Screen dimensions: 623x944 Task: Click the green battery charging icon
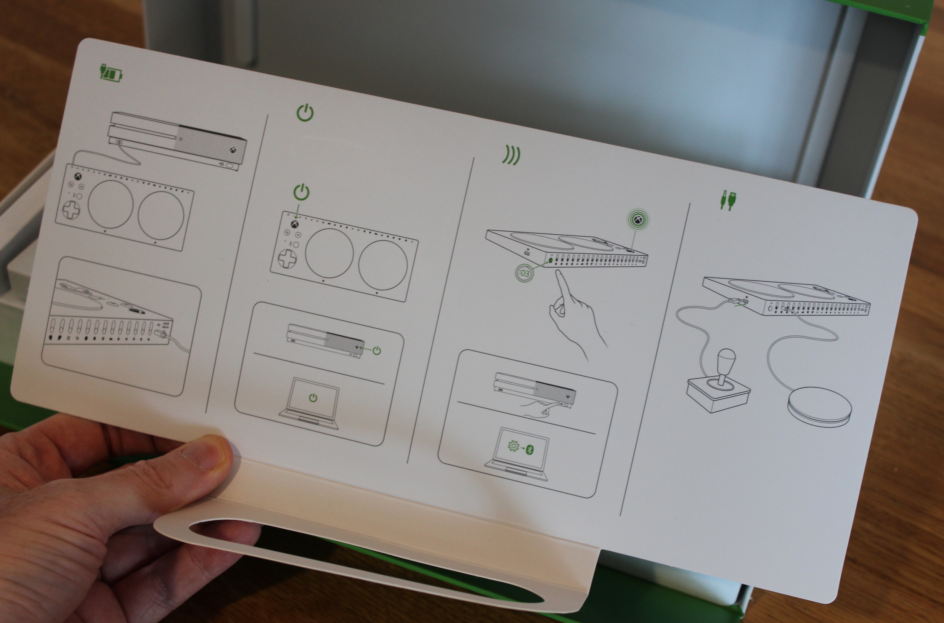[111, 72]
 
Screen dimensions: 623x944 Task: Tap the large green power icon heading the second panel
[305, 113]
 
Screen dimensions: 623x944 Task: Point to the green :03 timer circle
[524, 273]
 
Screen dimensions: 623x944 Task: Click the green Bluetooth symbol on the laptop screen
[530, 449]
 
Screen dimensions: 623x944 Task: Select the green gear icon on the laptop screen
[514, 447]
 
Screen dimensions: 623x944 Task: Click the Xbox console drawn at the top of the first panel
[177, 141]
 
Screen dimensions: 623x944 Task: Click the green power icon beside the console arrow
[377, 351]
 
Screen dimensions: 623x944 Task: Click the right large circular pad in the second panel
[383, 264]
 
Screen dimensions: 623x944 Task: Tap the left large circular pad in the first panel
[110, 204]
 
